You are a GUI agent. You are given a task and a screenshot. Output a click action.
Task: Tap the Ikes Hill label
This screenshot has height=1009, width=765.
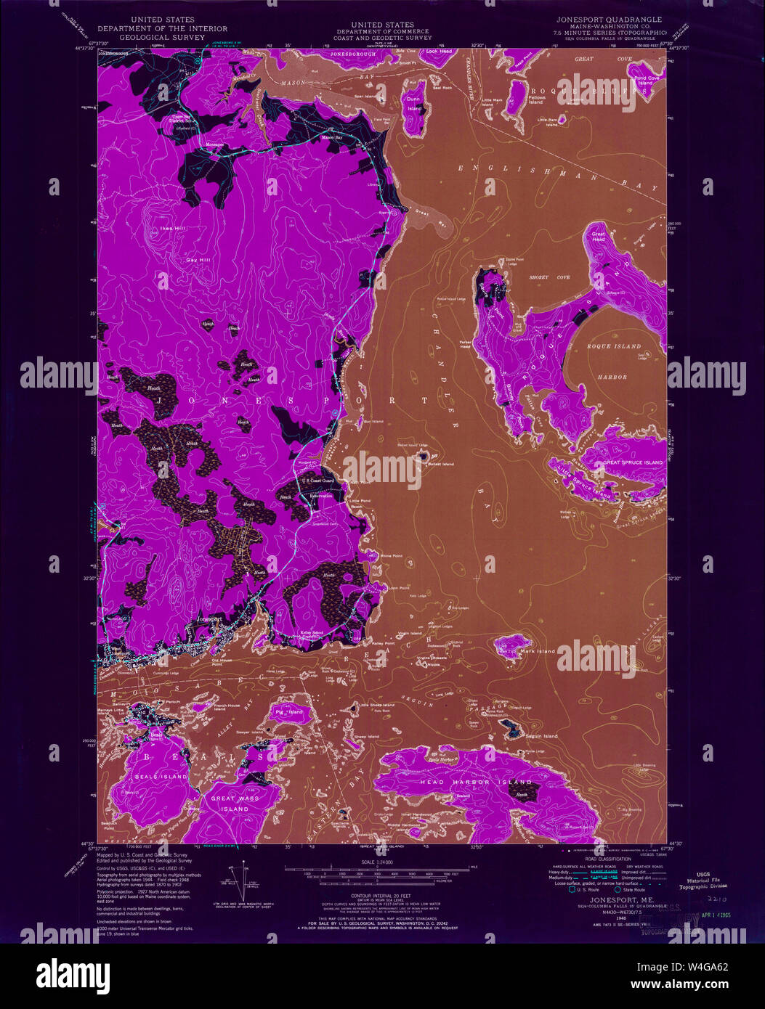coord(161,230)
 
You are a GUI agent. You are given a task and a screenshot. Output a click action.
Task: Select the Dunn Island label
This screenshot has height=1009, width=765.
coord(414,103)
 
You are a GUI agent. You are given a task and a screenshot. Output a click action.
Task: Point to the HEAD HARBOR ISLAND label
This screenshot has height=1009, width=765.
coord(476,783)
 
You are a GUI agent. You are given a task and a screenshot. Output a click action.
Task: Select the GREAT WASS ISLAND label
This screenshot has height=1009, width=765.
coord(230,804)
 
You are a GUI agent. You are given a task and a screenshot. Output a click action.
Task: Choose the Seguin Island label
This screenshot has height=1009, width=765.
coord(541,736)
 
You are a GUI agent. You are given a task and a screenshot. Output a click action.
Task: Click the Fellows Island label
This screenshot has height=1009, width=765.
coord(536,99)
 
